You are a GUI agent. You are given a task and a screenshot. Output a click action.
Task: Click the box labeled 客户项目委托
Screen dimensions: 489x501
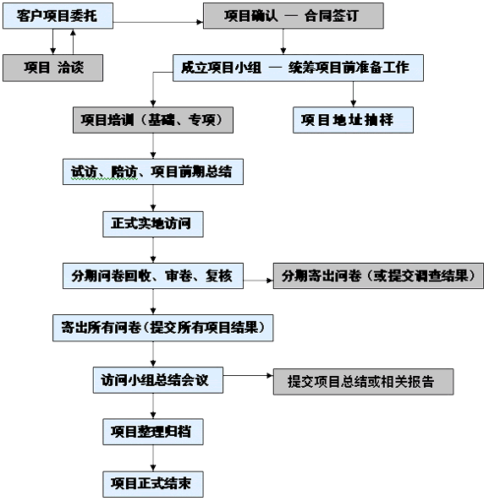click(58, 16)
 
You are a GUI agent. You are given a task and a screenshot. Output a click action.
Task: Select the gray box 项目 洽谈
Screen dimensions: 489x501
click(52, 68)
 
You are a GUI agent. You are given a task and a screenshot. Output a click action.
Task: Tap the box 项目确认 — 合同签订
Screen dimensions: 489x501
click(294, 16)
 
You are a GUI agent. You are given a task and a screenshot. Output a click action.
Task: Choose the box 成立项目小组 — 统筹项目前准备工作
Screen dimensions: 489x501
click(299, 68)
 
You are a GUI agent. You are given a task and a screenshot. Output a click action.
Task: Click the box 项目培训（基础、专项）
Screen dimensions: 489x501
click(153, 120)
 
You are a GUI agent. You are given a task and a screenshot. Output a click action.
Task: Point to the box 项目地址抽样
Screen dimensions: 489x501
click(354, 120)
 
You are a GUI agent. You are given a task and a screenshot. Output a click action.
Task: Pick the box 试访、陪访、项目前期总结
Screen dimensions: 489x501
click(153, 172)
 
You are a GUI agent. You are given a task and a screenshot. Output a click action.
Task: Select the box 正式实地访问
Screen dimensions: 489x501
click(153, 224)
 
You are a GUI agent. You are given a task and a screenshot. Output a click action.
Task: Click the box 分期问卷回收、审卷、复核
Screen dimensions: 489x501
click(153, 276)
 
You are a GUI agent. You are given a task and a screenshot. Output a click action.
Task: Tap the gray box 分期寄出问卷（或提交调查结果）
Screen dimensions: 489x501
click(378, 276)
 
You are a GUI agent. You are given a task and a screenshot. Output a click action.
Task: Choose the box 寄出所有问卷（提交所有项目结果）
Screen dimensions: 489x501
click(163, 328)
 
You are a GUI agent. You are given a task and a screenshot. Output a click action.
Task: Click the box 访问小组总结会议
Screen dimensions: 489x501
click(158, 380)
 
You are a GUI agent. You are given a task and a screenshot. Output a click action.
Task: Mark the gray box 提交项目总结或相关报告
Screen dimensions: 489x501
click(363, 382)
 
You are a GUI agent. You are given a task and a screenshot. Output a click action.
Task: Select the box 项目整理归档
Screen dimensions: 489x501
click(153, 432)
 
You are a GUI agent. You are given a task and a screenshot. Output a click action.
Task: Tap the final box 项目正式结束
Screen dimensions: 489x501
click(153, 484)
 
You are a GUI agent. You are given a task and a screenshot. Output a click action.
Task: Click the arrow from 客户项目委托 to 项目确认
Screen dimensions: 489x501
click(158, 22)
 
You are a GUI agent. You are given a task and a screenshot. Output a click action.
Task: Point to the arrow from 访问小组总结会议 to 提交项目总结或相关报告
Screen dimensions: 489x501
click(248, 376)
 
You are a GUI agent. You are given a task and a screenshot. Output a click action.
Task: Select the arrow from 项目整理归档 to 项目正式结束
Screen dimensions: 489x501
click(153, 458)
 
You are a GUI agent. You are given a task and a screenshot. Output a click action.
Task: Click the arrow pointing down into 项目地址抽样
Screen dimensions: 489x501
click(354, 94)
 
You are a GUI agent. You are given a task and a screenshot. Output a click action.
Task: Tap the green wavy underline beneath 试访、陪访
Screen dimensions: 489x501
click(104, 179)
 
